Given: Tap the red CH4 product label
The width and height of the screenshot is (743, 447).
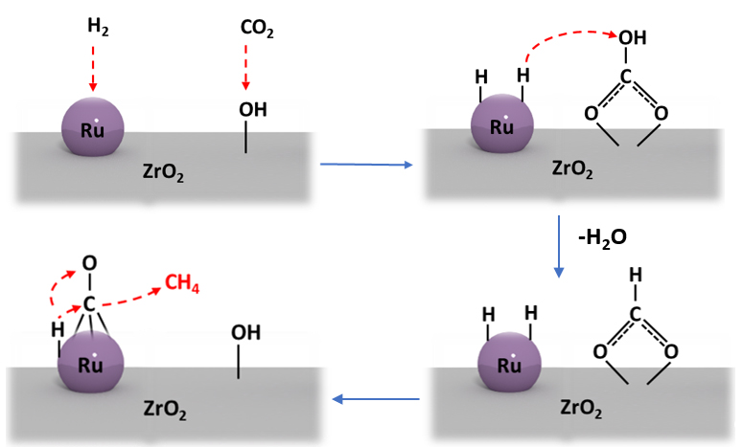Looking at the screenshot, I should [x=182, y=283].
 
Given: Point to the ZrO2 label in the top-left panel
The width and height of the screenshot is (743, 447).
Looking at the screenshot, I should [x=161, y=172].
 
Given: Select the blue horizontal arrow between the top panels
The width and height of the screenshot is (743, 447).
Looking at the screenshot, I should [x=364, y=166].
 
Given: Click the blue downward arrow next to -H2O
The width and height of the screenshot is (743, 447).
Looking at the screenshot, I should [x=559, y=246].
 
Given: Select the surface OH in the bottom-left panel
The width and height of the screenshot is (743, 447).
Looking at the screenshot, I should [x=245, y=333].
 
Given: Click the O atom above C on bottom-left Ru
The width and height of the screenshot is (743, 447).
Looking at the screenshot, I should [x=88, y=262].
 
